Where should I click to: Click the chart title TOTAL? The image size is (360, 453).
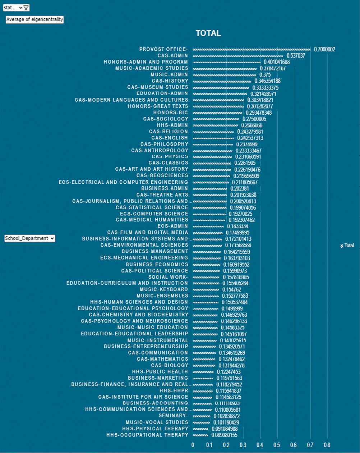tap(208, 33)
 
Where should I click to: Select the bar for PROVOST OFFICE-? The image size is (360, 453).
tap(251, 49)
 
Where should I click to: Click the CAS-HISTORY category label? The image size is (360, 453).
tap(170, 81)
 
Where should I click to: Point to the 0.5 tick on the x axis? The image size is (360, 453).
tap(277, 445)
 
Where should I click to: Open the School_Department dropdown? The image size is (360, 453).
tap(29, 238)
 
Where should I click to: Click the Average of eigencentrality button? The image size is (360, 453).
tap(34, 19)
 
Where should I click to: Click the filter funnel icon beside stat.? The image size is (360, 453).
tap(26, 8)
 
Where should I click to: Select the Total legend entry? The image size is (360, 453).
tap(347, 246)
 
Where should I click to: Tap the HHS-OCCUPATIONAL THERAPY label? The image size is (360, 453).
tap(147, 435)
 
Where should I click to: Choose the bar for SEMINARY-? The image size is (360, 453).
tap(201, 416)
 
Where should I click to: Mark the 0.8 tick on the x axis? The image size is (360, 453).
tap(327, 445)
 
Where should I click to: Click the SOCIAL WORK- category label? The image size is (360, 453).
tap(168, 277)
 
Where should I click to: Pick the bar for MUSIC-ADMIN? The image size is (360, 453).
tap(224, 74)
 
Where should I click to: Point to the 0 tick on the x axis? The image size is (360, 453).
tap(193, 445)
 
